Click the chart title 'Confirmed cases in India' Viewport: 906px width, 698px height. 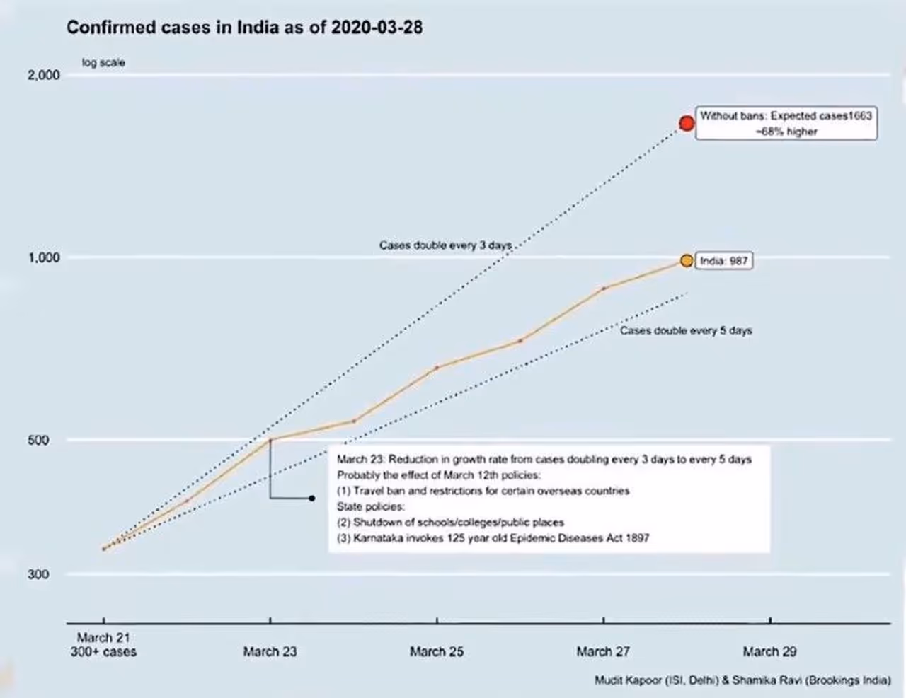[x=244, y=28]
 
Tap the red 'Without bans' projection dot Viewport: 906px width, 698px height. [x=687, y=123]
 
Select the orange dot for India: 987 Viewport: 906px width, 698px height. [x=686, y=261]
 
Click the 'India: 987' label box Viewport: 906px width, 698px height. [x=723, y=261]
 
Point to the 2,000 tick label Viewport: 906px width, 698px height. [x=44, y=76]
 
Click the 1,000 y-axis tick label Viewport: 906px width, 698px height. [x=44, y=257]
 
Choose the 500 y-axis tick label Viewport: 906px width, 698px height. [x=38, y=440]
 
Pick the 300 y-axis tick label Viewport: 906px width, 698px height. [x=38, y=574]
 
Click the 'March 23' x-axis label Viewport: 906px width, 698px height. [x=270, y=652]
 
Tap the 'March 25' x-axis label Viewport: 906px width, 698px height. [x=436, y=652]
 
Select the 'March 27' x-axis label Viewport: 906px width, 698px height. [x=603, y=652]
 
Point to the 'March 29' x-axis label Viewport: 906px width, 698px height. [x=769, y=652]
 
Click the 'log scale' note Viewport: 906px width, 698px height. [x=103, y=63]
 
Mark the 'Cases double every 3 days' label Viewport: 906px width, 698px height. [x=445, y=245]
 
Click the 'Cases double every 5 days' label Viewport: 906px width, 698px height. [x=686, y=330]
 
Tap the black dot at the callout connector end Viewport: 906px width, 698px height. [x=312, y=499]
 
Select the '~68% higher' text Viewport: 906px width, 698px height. [x=786, y=132]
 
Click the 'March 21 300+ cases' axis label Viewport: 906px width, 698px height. [x=103, y=645]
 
